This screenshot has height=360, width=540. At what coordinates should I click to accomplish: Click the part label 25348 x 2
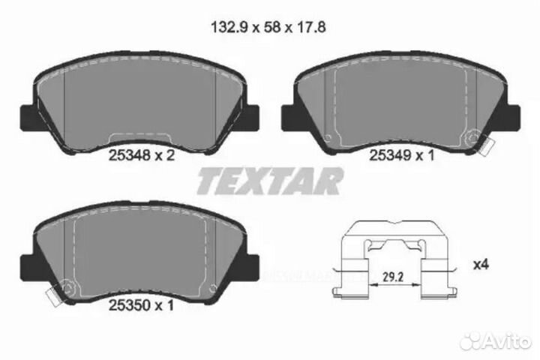(142, 157)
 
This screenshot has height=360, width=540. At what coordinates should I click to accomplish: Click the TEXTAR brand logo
(270, 181)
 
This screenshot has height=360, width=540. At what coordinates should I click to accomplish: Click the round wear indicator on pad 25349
(473, 138)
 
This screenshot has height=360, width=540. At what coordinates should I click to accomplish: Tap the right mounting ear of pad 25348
(253, 116)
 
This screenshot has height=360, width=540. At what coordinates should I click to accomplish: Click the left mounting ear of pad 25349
(289, 116)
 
